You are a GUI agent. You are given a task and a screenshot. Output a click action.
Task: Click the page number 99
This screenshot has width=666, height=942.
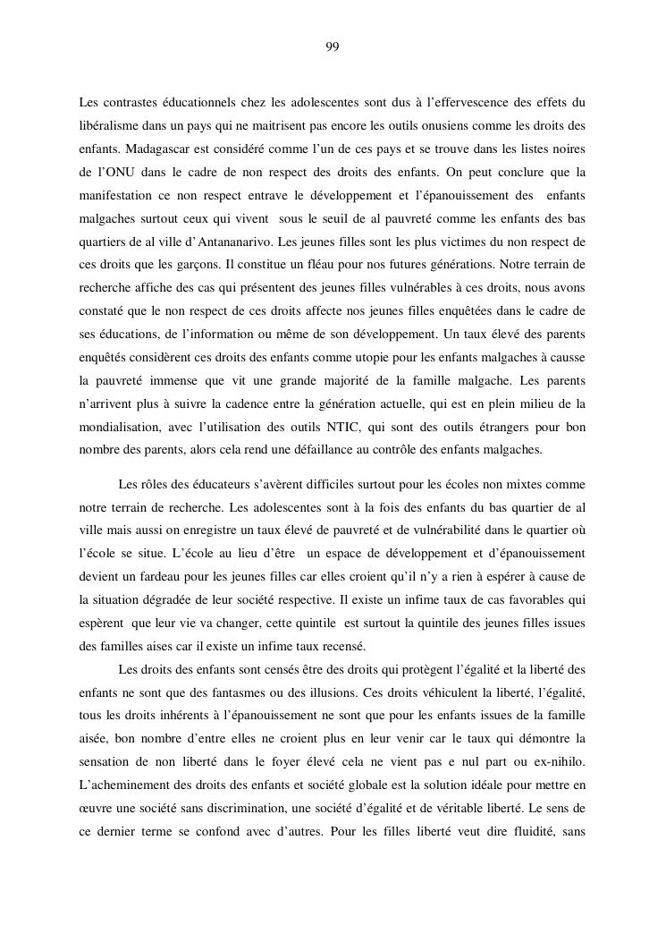click(333, 47)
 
